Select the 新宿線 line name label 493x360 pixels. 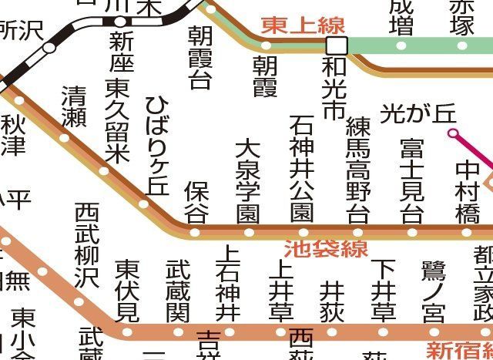460,349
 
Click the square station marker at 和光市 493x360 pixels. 337,45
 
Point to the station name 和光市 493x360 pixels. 334,88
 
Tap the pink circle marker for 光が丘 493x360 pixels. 453,133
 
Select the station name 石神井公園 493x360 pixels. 302,169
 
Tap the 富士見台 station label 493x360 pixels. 412,180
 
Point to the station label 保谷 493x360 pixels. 196,202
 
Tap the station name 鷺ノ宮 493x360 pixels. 433,294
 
